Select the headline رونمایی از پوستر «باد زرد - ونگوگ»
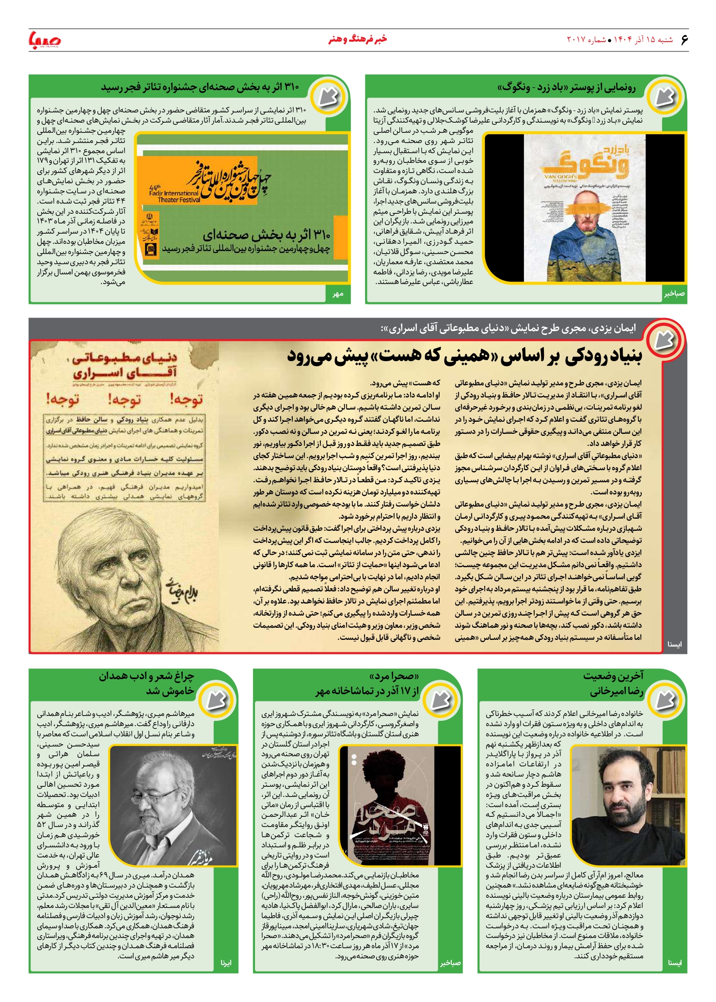pos(566,88)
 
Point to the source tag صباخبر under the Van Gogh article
pos(674,294)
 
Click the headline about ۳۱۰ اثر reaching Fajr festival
pos(200,87)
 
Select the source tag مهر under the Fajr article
pos(338,294)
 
